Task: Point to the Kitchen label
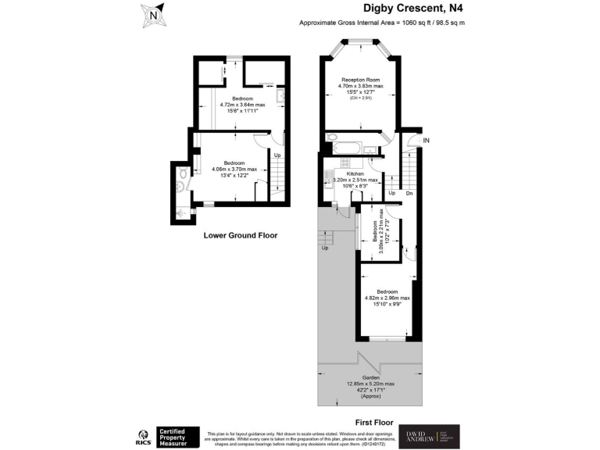click(355, 173)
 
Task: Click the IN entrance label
click(426, 141)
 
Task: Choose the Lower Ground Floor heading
click(241, 235)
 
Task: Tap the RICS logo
click(143, 436)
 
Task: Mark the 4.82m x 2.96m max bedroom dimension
click(387, 298)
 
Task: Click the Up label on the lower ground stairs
click(277, 155)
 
